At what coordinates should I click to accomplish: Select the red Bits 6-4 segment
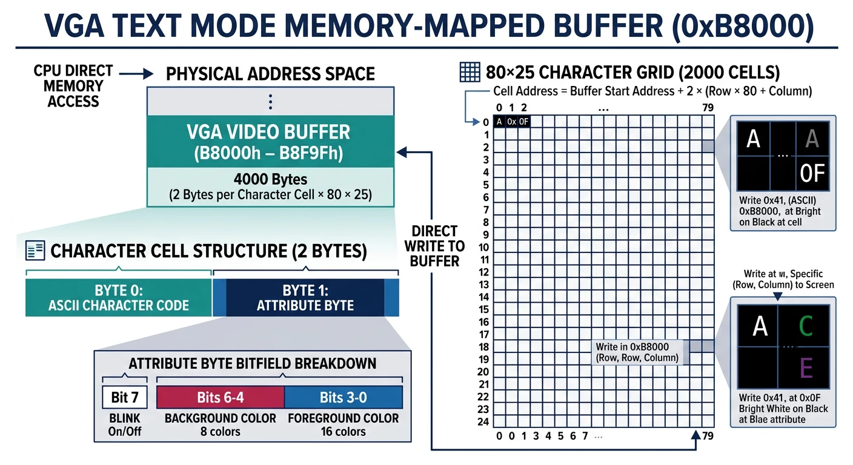(x=220, y=397)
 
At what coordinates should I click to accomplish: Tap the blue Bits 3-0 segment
(x=343, y=397)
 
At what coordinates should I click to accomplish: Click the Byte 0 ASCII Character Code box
(x=118, y=297)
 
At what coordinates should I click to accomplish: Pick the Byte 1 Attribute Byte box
(x=305, y=297)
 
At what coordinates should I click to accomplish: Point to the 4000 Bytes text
(x=270, y=180)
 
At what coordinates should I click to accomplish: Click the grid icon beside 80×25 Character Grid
(x=470, y=73)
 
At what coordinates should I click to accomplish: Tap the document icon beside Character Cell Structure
(x=35, y=251)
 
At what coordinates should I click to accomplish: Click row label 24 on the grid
(x=483, y=422)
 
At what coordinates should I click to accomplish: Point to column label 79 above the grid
(x=708, y=108)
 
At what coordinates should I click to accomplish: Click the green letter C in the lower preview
(x=805, y=326)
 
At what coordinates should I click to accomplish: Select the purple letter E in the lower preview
(x=806, y=368)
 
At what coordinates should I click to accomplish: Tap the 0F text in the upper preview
(x=812, y=174)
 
